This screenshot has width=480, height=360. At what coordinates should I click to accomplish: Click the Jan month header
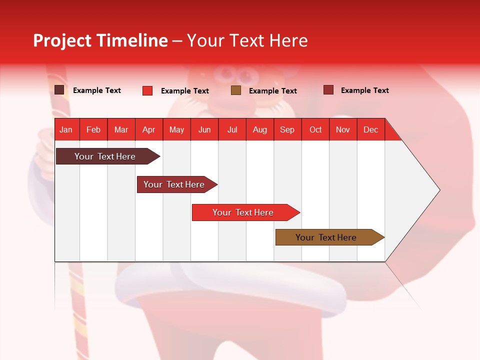click(x=66, y=129)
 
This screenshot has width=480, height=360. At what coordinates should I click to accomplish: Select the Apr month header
click(x=148, y=129)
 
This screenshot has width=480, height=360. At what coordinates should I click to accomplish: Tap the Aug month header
click(x=259, y=129)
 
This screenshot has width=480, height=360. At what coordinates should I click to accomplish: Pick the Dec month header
click(x=370, y=129)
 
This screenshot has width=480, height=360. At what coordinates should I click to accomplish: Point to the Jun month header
click(x=204, y=129)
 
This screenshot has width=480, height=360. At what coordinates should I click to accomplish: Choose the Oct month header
click(x=315, y=129)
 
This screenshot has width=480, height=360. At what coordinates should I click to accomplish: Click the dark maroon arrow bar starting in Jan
click(x=105, y=156)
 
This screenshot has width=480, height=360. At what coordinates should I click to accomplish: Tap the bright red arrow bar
click(x=243, y=212)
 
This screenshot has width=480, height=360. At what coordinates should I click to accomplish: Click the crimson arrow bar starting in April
click(x=174, y=184)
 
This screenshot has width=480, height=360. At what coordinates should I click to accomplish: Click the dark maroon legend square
click(x=59, y=90)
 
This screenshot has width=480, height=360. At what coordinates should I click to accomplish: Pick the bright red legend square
click(x=147, y=90)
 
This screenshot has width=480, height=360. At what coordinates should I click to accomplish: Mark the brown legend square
click(x=236, y=90)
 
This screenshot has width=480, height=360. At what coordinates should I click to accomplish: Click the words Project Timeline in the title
click(x=100, y=40)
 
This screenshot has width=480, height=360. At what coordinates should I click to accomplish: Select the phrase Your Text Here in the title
click(x=247, y=40)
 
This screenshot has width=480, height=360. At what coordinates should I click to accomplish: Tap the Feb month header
click(x=93, y=129)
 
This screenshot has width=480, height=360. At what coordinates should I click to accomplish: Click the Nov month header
click(x=343, y=129)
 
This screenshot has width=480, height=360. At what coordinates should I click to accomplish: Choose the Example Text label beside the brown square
click(x=273, y=91)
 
